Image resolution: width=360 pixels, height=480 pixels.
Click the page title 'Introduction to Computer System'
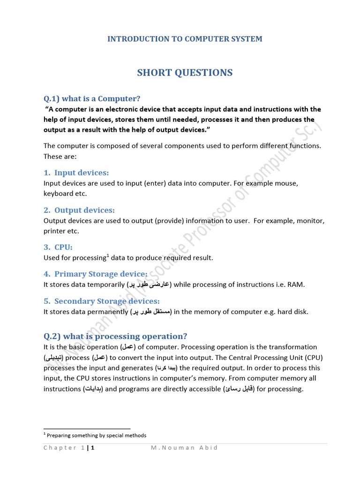tap(185, 39)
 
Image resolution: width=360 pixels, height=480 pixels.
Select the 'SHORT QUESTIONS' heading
tap(185, 73)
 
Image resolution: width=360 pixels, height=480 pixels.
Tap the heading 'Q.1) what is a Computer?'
tap(92, 98)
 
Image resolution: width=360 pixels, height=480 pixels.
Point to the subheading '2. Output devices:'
tap(80, 210)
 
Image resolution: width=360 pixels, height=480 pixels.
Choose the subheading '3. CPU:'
tap(59, 247)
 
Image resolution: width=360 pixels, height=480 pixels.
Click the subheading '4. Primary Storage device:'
tap(96, 274)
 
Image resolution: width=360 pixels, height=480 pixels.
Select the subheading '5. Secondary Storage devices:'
tap(102, 301)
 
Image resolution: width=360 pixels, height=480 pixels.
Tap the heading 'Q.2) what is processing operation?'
tap(115, 336)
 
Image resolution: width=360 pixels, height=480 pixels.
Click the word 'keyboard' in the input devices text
tap(58, 193)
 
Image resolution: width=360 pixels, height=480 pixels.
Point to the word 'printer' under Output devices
tap(55, 231)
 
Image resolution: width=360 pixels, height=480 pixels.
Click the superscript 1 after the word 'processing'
tap(108, 255)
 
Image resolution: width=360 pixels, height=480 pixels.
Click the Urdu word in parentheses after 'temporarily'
tap(149, 285)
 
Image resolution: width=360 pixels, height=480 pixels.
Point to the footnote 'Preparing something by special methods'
tap(97, 435)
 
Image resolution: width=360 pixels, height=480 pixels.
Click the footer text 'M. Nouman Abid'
tap(184, 448)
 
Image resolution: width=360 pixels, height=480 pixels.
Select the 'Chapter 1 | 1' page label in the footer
tap(69, 448)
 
